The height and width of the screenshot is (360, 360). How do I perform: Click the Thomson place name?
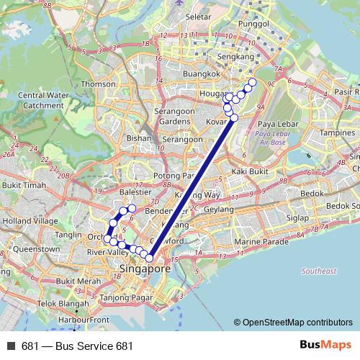click(98, 84)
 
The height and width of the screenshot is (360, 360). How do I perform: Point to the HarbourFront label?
click(84, 319)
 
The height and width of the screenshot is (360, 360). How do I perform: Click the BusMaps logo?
click(324, 346)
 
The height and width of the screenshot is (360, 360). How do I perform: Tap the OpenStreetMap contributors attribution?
click(297, 323)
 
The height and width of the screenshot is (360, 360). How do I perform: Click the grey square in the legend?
click(11, 346)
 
